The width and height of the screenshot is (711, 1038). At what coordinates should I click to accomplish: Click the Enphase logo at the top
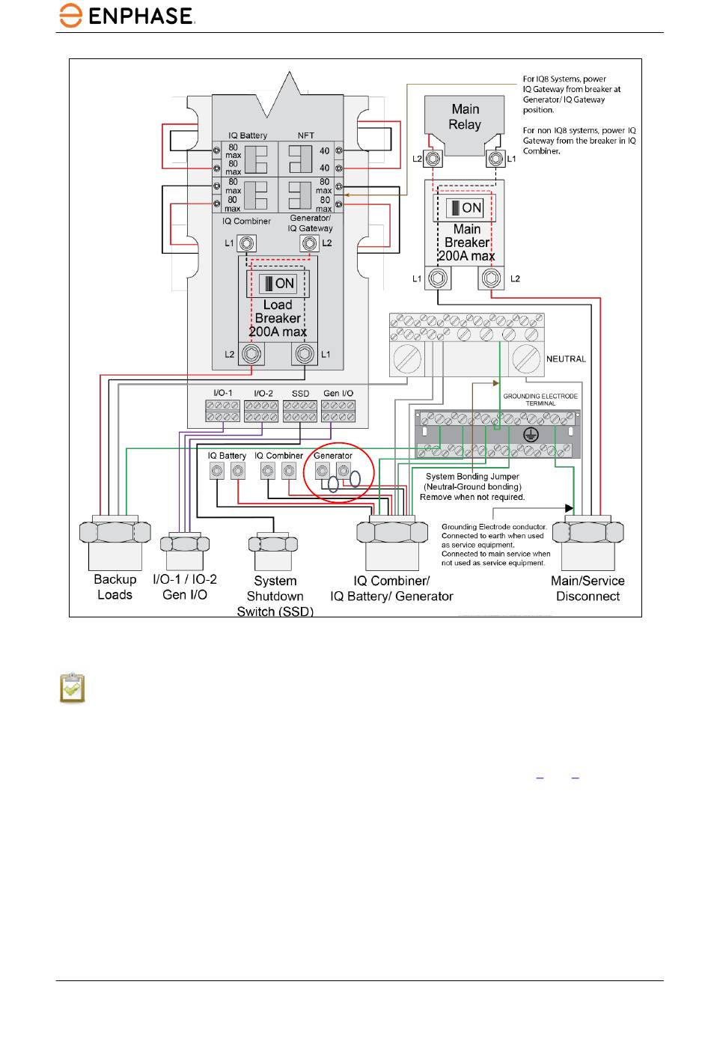[126, 16]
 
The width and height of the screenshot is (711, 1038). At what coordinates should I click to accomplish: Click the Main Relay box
[465, 124]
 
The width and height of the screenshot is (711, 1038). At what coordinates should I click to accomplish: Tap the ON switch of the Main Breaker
[465, 207]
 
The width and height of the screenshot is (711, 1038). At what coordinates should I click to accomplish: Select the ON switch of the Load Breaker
[278, 283]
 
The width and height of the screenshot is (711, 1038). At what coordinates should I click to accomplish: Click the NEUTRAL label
[566, 358]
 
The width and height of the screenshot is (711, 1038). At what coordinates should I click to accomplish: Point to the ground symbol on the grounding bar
[531, 435]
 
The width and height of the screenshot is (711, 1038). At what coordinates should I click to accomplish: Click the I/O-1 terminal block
[222, 411]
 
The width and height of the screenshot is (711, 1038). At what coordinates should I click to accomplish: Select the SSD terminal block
[300, 411]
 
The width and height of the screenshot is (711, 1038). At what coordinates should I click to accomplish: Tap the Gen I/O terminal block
[338, 411]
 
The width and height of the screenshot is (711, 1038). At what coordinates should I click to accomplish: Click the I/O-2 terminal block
[261, 411]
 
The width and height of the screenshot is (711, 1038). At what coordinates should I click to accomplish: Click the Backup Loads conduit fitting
[115, 542]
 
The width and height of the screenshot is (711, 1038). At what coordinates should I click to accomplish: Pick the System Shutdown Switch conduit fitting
[273, 551]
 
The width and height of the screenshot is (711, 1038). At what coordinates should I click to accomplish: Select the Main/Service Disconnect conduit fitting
[588, 542]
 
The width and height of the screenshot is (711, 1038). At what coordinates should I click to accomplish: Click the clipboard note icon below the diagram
[73, 689]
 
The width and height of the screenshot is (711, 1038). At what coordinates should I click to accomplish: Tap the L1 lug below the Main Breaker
[438, 278]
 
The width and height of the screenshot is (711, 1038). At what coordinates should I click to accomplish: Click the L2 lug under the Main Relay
[433, 159]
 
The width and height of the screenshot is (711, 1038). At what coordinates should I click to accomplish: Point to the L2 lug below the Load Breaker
[251, 354]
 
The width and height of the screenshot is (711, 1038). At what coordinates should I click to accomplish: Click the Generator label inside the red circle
[333, 456]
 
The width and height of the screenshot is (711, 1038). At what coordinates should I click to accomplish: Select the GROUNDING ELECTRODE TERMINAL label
[540, 400]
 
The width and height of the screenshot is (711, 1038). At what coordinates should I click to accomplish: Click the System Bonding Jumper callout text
[472, 486]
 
